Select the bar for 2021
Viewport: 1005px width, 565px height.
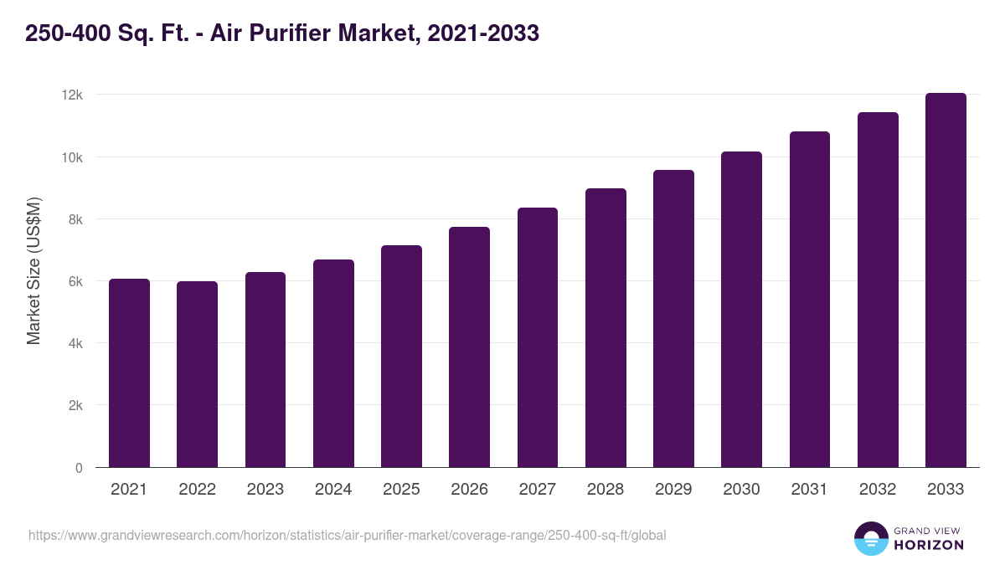point(129,373)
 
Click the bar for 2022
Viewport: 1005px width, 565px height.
point(197,374)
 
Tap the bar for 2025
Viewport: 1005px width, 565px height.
point(401,357)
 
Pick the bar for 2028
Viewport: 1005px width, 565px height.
point(606,328)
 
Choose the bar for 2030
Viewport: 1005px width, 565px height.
point(741,310)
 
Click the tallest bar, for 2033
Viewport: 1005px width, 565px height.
point(946,280)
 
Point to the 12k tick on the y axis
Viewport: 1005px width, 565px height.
point(72,95)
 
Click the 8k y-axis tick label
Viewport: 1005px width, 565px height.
point(75,219)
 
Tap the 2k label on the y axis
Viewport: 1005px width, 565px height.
point(75,405)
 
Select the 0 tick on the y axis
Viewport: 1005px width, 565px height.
point(79,468)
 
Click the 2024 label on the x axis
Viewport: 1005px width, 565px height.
point(333,490)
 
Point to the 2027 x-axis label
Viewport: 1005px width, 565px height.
point(537,490)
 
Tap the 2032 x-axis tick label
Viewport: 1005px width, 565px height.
point(878,490)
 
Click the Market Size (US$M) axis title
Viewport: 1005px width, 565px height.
point(34,270)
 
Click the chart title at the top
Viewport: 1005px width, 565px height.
point(282,33)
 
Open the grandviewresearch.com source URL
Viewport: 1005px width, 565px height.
point(348,535)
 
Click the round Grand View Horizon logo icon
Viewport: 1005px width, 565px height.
point(870,538)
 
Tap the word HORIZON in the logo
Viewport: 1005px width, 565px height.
point(928,545)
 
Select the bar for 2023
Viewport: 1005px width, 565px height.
point(265,370)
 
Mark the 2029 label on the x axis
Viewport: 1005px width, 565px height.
point(673,490)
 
